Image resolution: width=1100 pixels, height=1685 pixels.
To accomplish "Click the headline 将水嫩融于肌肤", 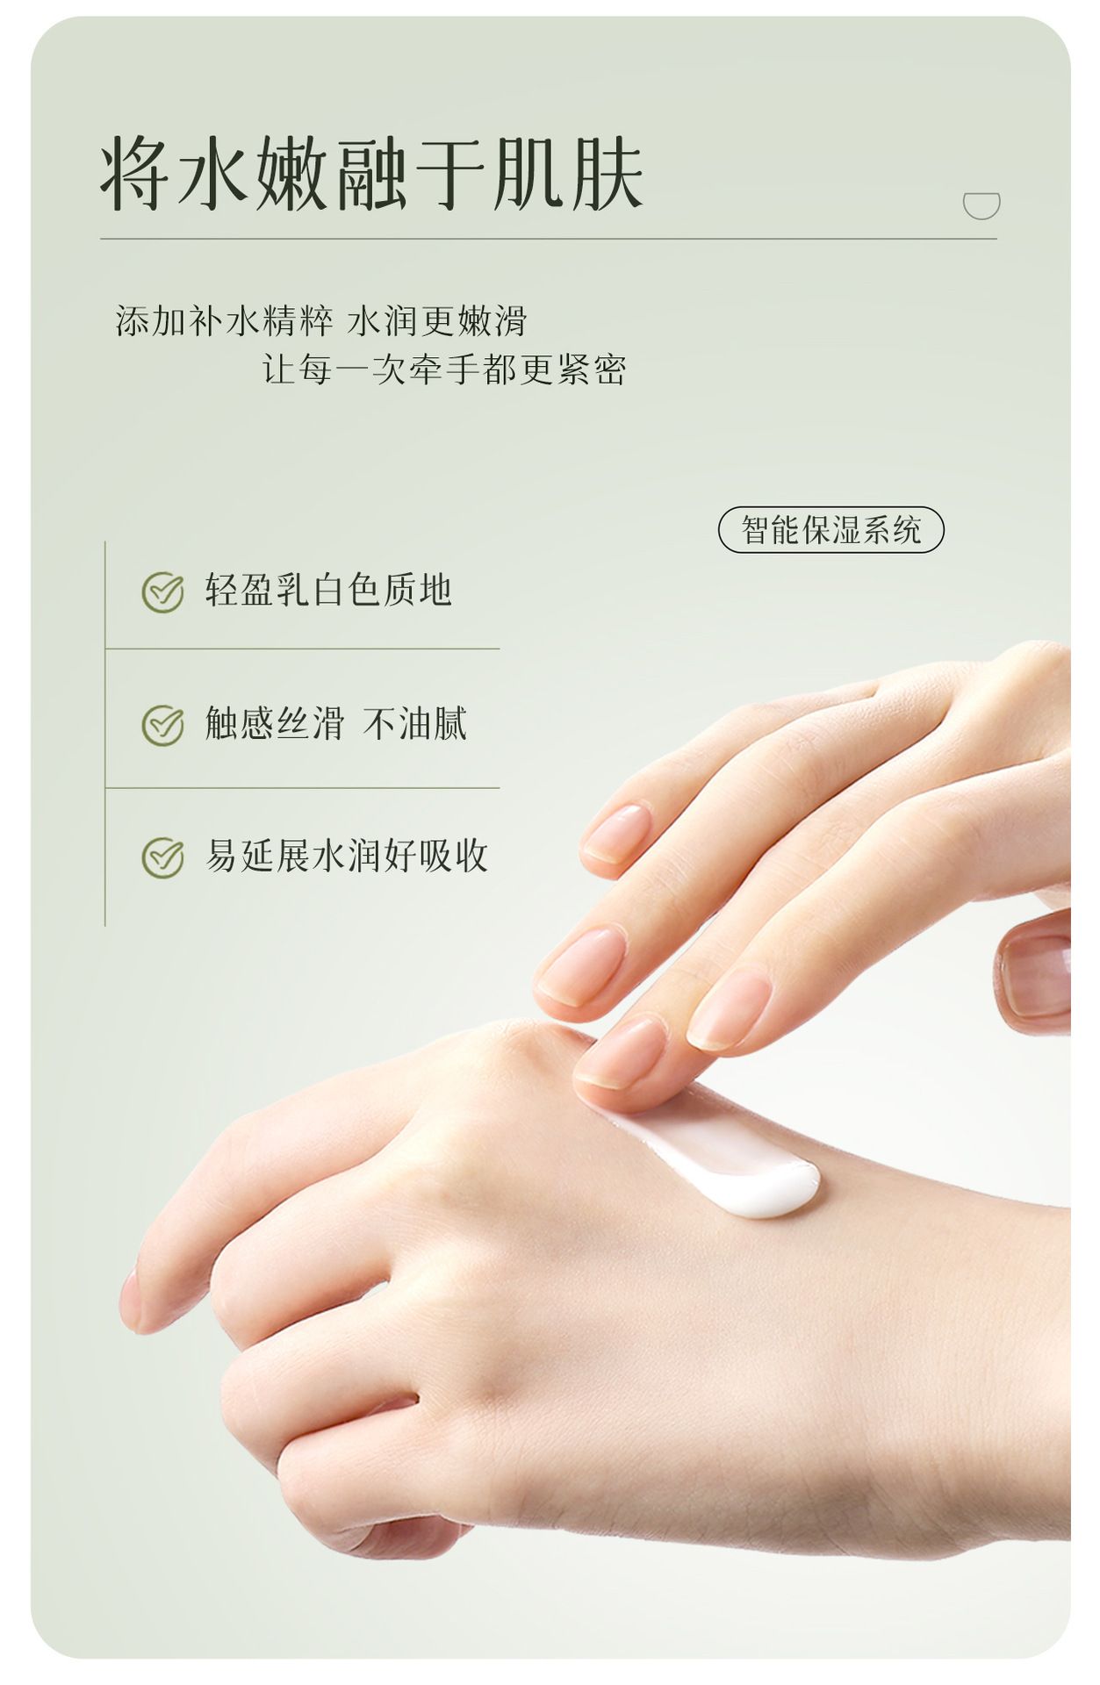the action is point(372,174).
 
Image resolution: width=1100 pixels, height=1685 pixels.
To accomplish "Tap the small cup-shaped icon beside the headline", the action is point(981,204).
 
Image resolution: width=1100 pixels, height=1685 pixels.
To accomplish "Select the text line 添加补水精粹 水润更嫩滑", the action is point(321,321).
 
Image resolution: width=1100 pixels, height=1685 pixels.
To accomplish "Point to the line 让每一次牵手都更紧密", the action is point(444,369).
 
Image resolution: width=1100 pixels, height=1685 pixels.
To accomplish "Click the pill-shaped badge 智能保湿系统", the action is point(831,530).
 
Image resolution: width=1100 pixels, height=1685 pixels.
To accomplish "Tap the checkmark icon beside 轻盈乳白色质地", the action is point(163,592).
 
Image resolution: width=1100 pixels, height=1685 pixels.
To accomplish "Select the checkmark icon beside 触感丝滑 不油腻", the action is point(163,725).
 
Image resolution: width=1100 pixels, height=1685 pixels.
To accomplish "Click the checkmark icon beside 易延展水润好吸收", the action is point(163,857).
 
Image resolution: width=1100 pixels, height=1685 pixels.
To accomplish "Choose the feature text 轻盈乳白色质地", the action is point(328,590).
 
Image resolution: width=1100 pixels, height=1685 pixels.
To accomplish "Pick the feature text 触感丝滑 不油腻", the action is point(336,724).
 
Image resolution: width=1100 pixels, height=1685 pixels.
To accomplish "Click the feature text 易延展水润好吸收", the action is point(347,856).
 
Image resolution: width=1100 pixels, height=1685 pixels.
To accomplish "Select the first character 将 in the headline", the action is point(135,174).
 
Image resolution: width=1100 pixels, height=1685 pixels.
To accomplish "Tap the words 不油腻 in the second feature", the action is point(415,724).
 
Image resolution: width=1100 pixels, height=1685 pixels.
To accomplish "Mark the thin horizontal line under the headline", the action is point(549,239).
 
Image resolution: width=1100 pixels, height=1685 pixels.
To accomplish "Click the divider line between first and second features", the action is point(302,649).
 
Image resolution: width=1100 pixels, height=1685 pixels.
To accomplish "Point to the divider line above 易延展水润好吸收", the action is point(302,788).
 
